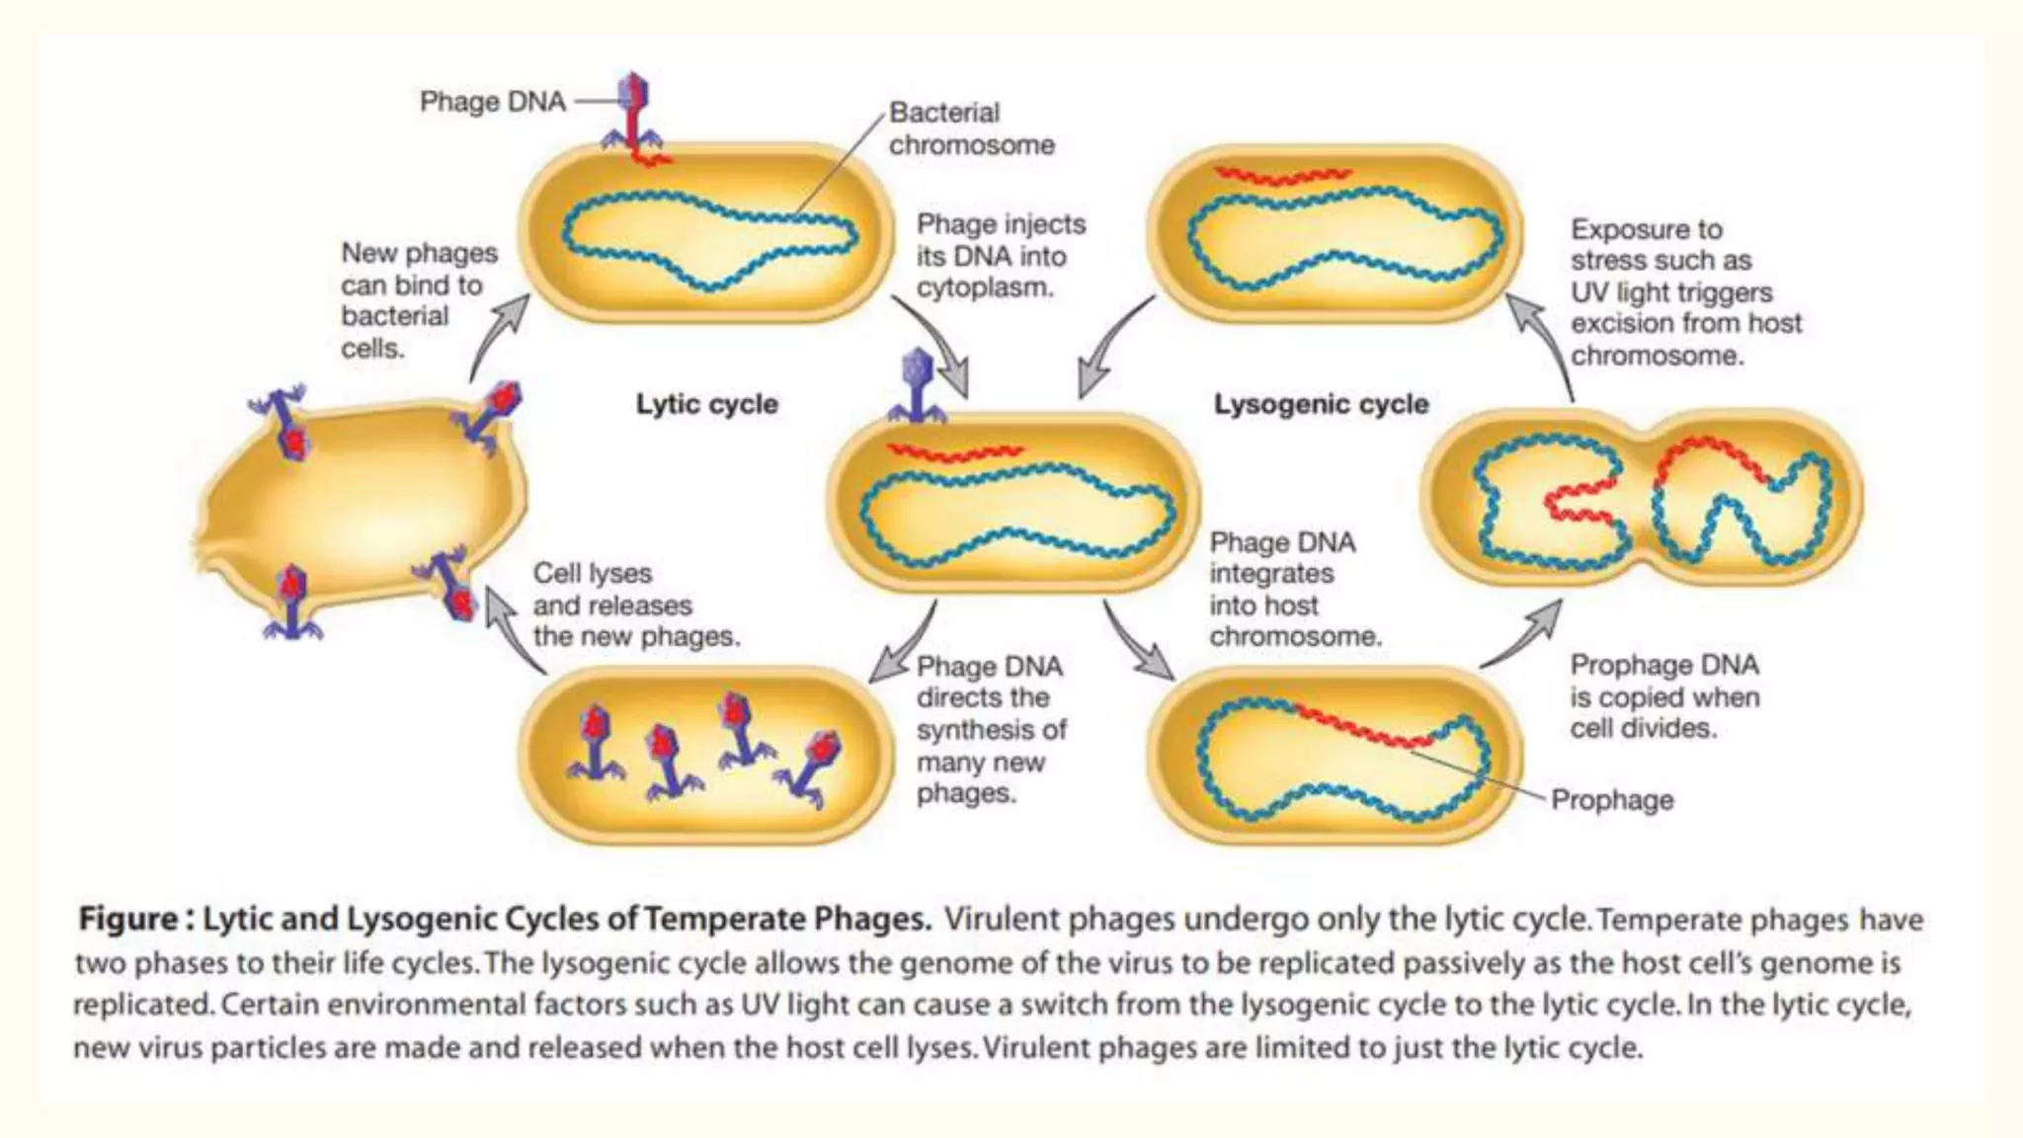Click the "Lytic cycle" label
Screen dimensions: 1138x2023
[x=706, y=404]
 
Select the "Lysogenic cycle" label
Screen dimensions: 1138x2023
[x=1321, y=404]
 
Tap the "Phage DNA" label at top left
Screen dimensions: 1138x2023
[x=492, y=102]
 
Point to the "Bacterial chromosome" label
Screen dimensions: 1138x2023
[x=971, y=128]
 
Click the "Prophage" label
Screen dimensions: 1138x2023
[x=1612, y=799]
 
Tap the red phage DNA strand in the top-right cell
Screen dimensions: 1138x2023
[x=1282, y=177]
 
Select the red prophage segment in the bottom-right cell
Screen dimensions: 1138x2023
[x=1363, y=726]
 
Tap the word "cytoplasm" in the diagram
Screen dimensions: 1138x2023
[x=984, y=288]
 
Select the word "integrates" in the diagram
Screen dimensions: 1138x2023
[x=1271, y=574]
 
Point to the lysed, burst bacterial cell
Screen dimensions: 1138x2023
[x=361, y=504]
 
